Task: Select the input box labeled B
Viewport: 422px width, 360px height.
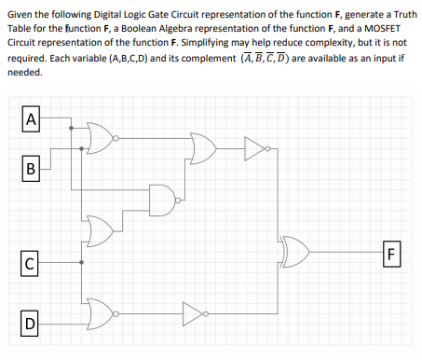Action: (x=33, y=171)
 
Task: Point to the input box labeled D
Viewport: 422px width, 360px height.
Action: (x=33, y=325)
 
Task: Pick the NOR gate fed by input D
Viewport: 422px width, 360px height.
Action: (x=101, y=309)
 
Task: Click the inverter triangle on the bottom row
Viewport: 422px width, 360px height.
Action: (x=193, y=309)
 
